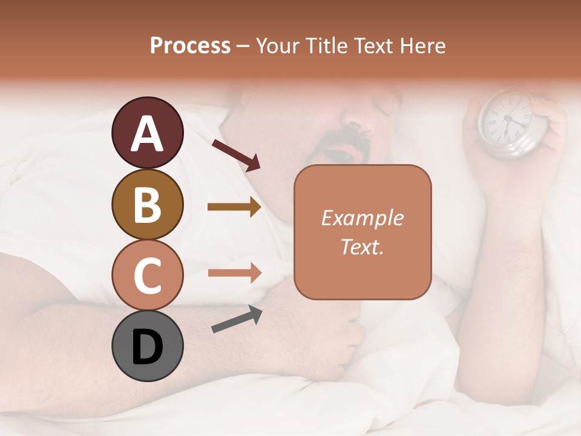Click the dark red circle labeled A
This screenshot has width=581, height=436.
tap(147, 133)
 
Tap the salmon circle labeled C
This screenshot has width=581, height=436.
tap(147, 275)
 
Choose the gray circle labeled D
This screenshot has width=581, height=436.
tap(147, 346)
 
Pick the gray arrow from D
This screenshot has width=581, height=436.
tap(237, 319)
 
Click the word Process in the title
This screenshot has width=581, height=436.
tap(190, 46)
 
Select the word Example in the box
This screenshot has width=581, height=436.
tap(362, 218)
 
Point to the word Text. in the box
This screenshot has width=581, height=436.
tap(362, 246)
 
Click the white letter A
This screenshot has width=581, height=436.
tap(147, 134)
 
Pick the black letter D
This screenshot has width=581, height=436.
tap(147, 347)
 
